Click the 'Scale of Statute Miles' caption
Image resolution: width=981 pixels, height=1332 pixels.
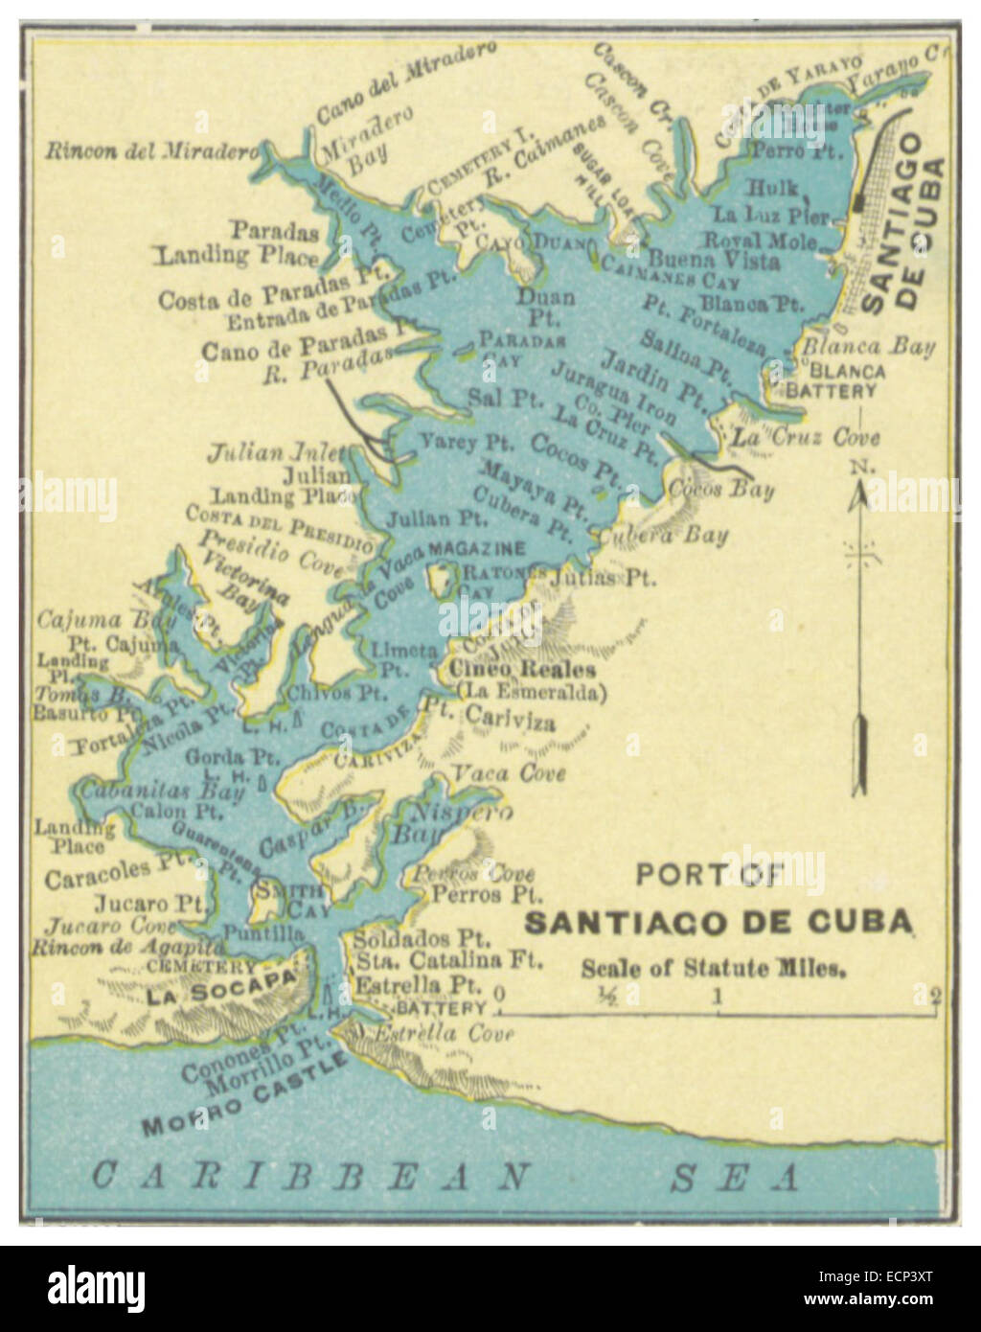[714, 968]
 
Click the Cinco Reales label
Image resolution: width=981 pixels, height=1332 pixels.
[523, 670]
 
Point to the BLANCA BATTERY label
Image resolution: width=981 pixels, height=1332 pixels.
[832, 381]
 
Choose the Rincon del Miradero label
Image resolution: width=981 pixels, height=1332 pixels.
[151, 151]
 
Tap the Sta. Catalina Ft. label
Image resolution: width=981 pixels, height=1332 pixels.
[448, 958]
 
